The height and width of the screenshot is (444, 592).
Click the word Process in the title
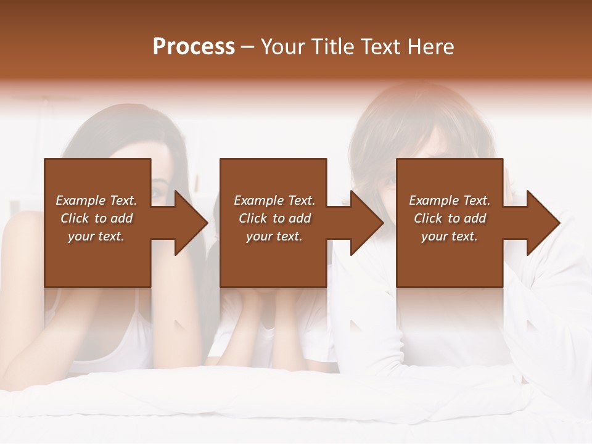pos(194,47)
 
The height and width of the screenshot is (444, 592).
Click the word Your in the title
pos(284,47)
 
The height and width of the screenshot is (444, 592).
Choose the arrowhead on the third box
pos(542,223)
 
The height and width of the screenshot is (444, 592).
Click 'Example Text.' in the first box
pos(96,200)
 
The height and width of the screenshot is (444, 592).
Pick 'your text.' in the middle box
pos(274,236)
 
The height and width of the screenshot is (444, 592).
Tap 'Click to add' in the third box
pos(450,218)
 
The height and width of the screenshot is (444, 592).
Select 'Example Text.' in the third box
pos(450,200)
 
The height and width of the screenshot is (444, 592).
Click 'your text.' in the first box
pos(96,236)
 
